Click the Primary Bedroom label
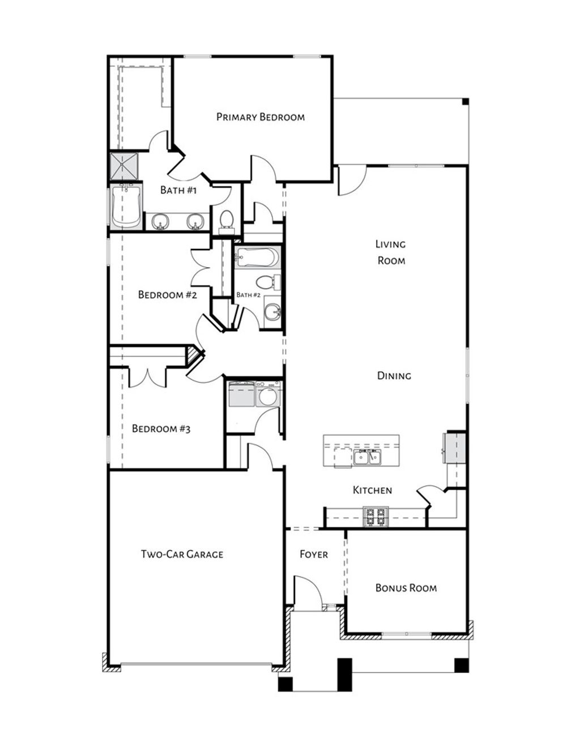[x=260, y=117]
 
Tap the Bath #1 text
[x=178, y=190]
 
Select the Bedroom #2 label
[x=167, y=295]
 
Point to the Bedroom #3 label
[x=161, y=428]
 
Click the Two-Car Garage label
[x=182, y=554]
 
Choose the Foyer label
[x=313, y=554]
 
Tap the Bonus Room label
[x=406, y=588]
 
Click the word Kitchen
[x=372, y=490]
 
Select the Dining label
[x=394, y=376]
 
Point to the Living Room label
[x=391, y=252]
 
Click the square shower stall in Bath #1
[x=123, y=165]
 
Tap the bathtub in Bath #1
[x=125, y=206]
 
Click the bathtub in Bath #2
[x=258, y=258]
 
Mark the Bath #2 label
[x=248, y=295]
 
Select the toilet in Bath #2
[x=267, y=281]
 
